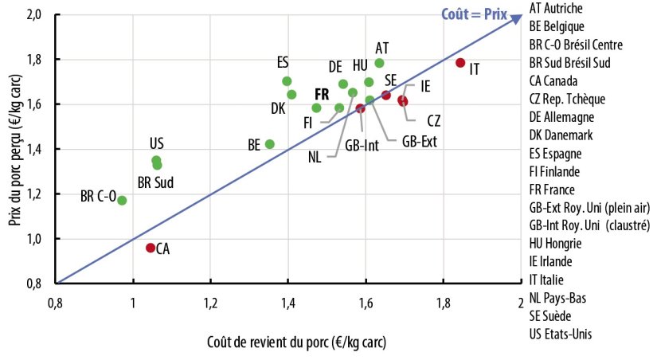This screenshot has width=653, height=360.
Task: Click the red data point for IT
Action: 460,63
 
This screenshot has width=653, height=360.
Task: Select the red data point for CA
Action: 151,248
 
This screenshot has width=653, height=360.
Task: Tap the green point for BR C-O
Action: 122,200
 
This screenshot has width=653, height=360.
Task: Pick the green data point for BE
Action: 270,144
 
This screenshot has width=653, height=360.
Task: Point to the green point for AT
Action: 379,63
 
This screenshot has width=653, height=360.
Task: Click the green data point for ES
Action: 287,81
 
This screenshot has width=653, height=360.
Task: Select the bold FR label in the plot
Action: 322,93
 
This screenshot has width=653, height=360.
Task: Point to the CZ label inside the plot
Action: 433,120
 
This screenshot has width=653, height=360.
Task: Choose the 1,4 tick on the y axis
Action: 36,149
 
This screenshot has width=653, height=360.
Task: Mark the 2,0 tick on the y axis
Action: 36,15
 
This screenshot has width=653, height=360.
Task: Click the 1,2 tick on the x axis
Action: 210,303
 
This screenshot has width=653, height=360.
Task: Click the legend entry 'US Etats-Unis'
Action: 561,335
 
